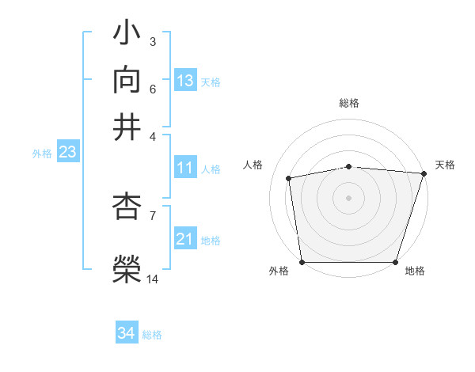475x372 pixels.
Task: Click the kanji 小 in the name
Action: tap(127, 34)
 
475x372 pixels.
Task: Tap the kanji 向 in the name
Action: tap(127, 80)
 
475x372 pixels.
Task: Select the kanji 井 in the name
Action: tap(127, 127)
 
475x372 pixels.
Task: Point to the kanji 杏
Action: tap(127, 207)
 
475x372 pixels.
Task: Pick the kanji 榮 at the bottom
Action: tap(127, 268)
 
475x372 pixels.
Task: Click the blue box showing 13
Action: tap(185, 81)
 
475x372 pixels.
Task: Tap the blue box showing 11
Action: tap(185, 168)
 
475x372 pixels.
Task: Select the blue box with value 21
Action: tap(185, 239)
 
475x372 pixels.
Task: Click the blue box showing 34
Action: tap(127, 333)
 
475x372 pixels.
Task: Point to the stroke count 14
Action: tap(153, 279)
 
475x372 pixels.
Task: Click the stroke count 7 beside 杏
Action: tap(152, 214)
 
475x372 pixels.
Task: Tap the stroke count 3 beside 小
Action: tap(152, 41)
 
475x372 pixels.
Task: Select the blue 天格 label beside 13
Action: tap(211, 82)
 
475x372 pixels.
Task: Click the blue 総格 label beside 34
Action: tap(152, 335)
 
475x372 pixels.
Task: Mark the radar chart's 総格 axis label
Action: tap(349, 103)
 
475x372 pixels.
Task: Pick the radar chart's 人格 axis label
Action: tap(253, 165)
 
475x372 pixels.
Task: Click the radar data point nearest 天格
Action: tap(424, 173)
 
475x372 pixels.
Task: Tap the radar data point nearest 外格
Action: tap(302, 262)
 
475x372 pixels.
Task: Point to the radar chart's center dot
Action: tap(348, 197)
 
